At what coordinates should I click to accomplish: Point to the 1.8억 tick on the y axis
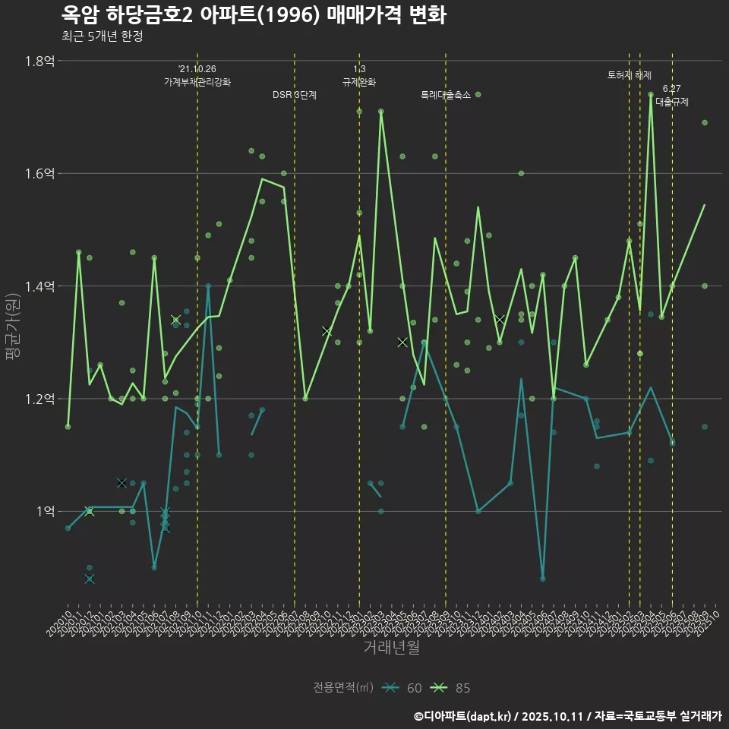[39, 61]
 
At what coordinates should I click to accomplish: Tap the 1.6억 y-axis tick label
[39, 173]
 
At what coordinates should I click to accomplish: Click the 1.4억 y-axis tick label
[39, 286]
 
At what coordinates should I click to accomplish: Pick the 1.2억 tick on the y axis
[39, 399]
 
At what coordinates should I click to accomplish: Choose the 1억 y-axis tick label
[43, 511]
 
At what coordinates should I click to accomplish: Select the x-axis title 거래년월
[391, 648]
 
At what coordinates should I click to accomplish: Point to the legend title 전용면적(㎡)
[343, 688]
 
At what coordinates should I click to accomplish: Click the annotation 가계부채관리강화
[197, 82]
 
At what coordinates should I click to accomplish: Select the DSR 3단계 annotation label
[295, 95]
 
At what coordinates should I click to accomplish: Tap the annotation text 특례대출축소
[446, 95]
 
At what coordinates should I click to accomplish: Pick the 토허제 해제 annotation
[630, 75]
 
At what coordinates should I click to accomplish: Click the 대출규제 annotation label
[672, 102]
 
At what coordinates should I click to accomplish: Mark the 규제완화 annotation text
[359, 82]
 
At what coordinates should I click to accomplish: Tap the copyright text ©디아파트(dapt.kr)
[463, 716]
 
